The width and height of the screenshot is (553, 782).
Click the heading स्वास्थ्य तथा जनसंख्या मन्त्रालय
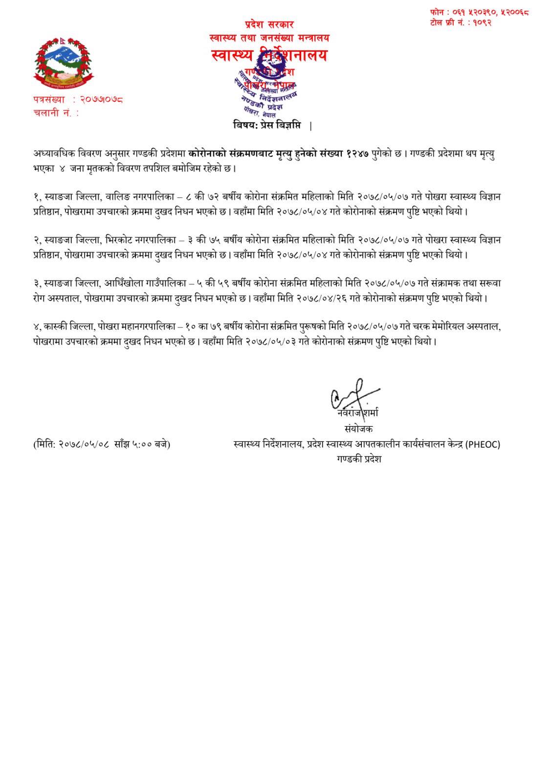click(x=269, y=38)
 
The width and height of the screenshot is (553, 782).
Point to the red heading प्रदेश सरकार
click(x=269, y=24)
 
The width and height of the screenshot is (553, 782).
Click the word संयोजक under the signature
click(x=358, y=429)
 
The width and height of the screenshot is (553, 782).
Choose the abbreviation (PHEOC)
click(x=483, y=445)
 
